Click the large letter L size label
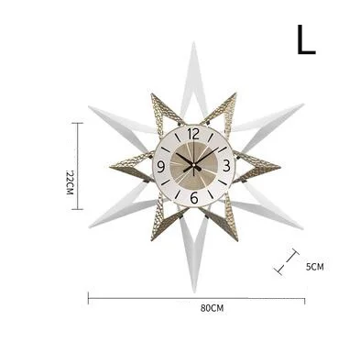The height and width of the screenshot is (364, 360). coord(306,39)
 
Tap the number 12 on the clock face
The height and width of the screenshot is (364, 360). coord(193,134)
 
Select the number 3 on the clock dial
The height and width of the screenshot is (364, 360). coord(226,166)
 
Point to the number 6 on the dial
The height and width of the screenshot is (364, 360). coord(194,198)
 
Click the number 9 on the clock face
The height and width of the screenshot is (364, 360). coord(161,167)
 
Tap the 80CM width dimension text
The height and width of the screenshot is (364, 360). coord(212,308)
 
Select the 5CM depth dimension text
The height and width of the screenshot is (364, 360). coord(315,267)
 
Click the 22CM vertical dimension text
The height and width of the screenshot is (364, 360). coord(70,182)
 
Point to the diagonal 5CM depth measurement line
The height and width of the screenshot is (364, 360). coord(287,261)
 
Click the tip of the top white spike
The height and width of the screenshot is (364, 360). coord(193,42)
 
